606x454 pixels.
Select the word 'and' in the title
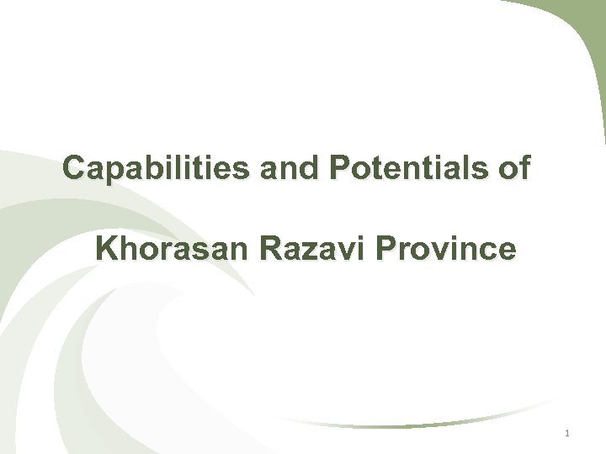[284, 169]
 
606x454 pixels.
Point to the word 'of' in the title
[513, 169]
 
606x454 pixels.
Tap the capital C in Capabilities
[74, 169]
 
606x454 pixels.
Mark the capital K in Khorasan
[107, 250]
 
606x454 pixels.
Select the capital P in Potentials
[341, 169]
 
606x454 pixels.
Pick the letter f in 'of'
[524, 168]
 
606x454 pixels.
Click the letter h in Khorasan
[127, 250]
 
